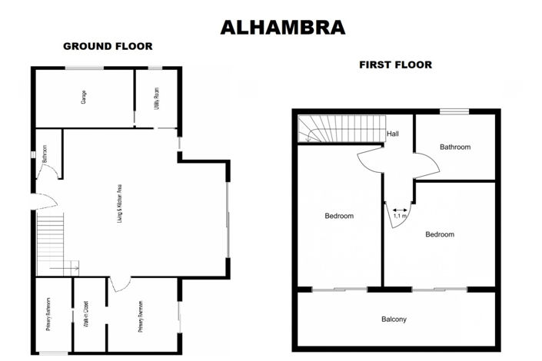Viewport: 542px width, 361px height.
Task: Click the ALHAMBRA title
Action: pyautogui.click(x=282, y=28)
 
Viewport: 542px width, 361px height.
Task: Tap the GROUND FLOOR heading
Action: pyautogui.click(x=108, y=47)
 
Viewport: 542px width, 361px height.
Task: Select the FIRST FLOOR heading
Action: pyautogui.click(x=395, y=65)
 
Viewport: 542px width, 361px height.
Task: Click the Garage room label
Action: pyautogui.click(x=82, y=98)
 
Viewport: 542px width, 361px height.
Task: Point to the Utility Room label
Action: pyautogui.click(x=156, y=100)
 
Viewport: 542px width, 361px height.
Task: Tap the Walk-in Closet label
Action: pyautogui.click(x=88, y=314)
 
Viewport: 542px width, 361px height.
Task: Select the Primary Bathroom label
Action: pyautogui.click(x=48, y=314)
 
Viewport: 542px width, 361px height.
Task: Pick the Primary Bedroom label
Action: pyautogui.click(x=143, y=315)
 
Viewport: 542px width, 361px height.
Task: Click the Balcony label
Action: pyautogui.click(x=394, y=320)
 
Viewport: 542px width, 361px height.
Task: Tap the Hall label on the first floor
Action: pyautogui.click(x=393, y=134)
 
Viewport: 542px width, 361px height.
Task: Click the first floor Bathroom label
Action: pyautogui.click(x=455, y=147)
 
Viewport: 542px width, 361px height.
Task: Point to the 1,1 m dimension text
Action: pyautogui.click(x=400, y=216)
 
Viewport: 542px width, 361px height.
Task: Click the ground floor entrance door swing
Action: pyautogui.click(x=44, y=202)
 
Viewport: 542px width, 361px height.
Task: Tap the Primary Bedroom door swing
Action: pyautogui.click(x=119, y=284)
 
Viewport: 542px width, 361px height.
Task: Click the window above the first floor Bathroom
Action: pyautogui.click(x=454, y=112)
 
